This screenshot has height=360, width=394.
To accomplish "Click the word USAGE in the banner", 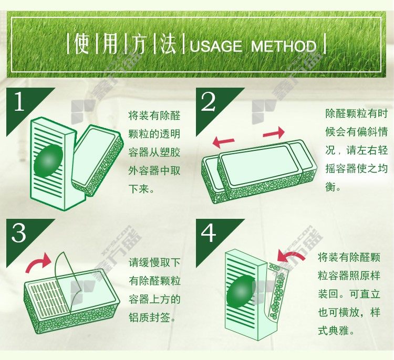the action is coord(216,47).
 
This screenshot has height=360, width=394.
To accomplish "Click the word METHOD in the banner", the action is coord(284,47).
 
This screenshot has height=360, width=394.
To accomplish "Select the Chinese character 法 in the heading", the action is coord(168,44).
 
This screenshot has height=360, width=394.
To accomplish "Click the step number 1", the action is coord(19,101).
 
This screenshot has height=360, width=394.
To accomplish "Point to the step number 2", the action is coord(209,101).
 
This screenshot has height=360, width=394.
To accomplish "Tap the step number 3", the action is coord(18,232).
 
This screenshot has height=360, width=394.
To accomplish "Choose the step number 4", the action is coord(209,232).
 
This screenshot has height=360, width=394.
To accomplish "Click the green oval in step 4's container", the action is coord(241,292).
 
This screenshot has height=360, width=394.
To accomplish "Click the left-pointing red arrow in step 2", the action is coord(223,143).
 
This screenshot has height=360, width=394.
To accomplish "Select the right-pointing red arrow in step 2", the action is coord(274,133).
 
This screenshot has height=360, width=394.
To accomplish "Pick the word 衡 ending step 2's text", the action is coord(330,187).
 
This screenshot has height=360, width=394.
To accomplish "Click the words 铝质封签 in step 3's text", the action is coord(150,317).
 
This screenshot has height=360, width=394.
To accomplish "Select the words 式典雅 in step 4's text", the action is coord(334,331).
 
